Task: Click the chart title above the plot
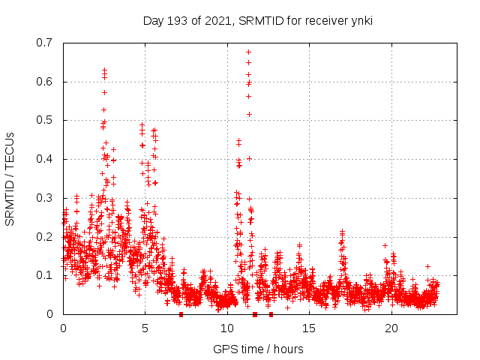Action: click(x=257, y=20)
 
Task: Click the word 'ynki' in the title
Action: click(x=361, y=20)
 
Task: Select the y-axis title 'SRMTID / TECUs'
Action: click(x=10, y=178)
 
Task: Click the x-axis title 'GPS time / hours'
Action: click(x=258, y=349)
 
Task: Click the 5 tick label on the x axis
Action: click(x=145, y=328)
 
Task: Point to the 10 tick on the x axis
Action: click(x=227, y=328)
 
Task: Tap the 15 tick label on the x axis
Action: click(x=309, y=328)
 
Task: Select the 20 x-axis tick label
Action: click(x=391, y=328)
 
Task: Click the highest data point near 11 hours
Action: click(x=248, y=52)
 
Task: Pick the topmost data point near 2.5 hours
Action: click(x=104, y=70)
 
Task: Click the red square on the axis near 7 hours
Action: click(x=181, y=314)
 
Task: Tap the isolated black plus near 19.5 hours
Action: click(x=385, y=245)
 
